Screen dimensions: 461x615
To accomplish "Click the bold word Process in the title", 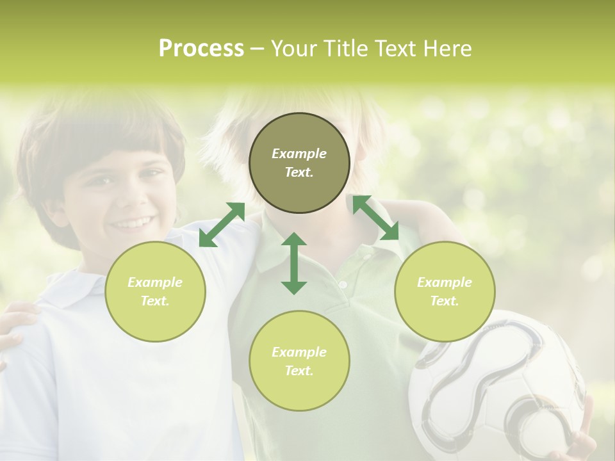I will tap(201, 49).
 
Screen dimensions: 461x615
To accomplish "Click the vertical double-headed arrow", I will tap(294, 263).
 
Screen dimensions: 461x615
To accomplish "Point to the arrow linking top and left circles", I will tap(222, 225).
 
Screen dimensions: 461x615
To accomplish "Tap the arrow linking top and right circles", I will tap(376, 218).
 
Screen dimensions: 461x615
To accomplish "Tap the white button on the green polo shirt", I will tap(343, 284).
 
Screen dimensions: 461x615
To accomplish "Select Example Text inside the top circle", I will tap(299, 163).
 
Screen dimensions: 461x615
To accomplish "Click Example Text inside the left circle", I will tap(155, 291).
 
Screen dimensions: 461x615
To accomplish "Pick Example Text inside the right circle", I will tap(445, 291).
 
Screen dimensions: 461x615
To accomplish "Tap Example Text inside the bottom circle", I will tap(299, 361).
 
